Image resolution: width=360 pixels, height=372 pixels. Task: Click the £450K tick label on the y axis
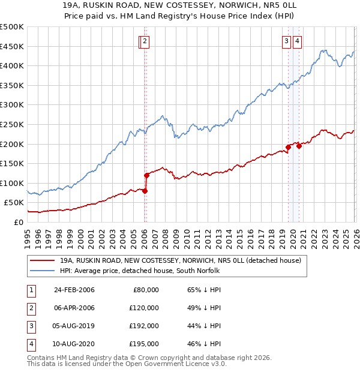point(11,47)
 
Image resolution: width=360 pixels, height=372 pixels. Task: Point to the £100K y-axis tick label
point(11,183)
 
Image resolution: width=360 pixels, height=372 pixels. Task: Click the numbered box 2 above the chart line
point(146,41)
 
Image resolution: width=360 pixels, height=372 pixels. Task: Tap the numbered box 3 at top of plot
point(287,41)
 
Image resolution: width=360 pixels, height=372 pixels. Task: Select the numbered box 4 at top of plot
point(298,41)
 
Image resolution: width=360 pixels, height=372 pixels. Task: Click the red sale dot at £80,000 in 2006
point(145,191)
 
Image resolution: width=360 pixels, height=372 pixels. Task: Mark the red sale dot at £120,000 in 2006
point(146,175)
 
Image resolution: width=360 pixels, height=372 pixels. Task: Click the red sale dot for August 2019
point(288,147)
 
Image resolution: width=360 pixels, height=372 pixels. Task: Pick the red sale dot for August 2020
point(299,146)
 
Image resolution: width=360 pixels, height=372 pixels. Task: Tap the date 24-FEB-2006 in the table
point(74,290)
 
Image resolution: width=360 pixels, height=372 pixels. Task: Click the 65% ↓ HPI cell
point(203,290)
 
